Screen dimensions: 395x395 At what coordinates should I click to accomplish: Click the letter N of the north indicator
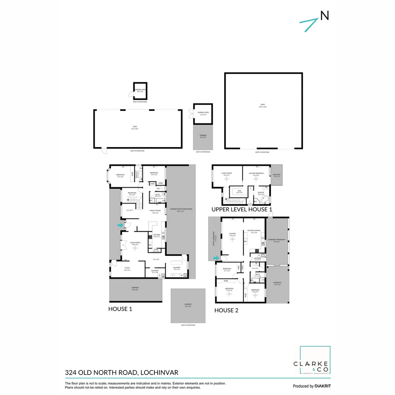[324, 15]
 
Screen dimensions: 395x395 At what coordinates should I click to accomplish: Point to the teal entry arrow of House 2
[217, 258]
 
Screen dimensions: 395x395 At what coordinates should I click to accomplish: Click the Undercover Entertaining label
[181, 210]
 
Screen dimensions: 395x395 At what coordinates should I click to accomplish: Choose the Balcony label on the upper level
[276, 176]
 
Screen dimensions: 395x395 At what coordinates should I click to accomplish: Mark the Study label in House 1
[127, 269]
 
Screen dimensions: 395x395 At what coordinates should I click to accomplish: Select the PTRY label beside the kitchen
[156, 250]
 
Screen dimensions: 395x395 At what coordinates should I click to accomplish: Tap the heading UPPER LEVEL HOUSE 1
[242, 210]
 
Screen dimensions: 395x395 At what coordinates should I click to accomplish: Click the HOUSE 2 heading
[226, 310]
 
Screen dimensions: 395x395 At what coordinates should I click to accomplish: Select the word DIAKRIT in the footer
[323, 386]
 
